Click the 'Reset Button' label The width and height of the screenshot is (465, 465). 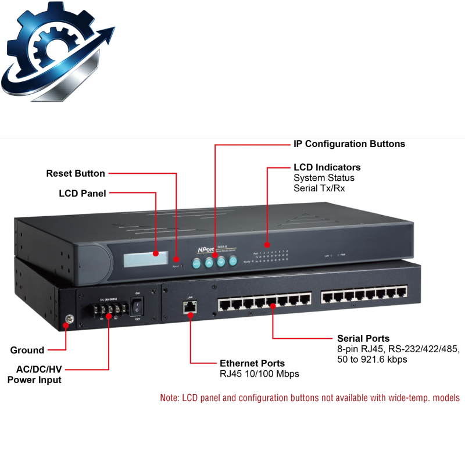click(76, 173)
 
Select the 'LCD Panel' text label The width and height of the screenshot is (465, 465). click(83, 194)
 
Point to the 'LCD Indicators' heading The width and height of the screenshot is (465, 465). click(327, 167)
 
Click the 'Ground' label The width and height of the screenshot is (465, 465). click(27, 350)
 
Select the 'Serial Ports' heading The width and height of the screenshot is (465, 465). click(363, 338)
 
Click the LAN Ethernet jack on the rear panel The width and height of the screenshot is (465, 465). click(189, 307)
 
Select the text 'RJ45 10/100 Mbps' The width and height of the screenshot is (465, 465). click(259, 374)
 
